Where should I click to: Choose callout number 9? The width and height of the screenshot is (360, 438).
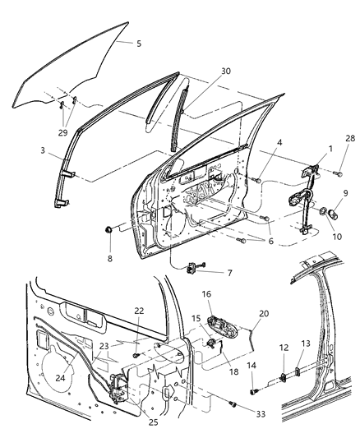(x=346, y=194)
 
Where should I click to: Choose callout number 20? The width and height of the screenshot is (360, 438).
(x=264, y=313)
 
